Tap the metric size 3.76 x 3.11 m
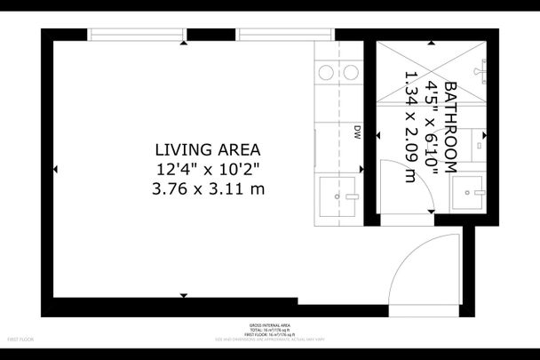coord(209,188)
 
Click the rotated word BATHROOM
coord(450,127)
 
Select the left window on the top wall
coord(137,36)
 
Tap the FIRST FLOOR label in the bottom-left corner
coord(20,340)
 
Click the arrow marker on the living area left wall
coord(56,169)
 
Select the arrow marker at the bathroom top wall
coord(429,43)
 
